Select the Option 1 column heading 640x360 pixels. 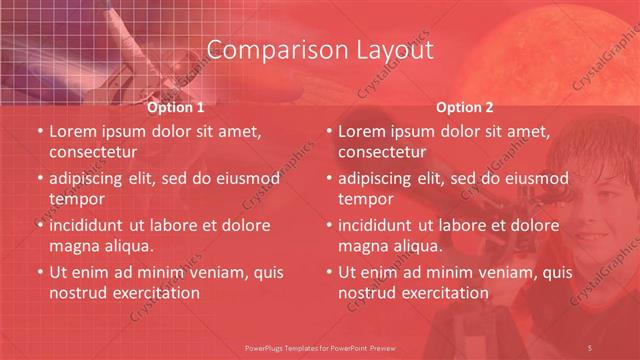176,107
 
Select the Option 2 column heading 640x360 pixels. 465,107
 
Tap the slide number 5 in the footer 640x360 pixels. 591,346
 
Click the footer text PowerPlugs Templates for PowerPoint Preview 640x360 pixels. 319,346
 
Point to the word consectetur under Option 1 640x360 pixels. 93,152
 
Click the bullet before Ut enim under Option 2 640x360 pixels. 327,272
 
